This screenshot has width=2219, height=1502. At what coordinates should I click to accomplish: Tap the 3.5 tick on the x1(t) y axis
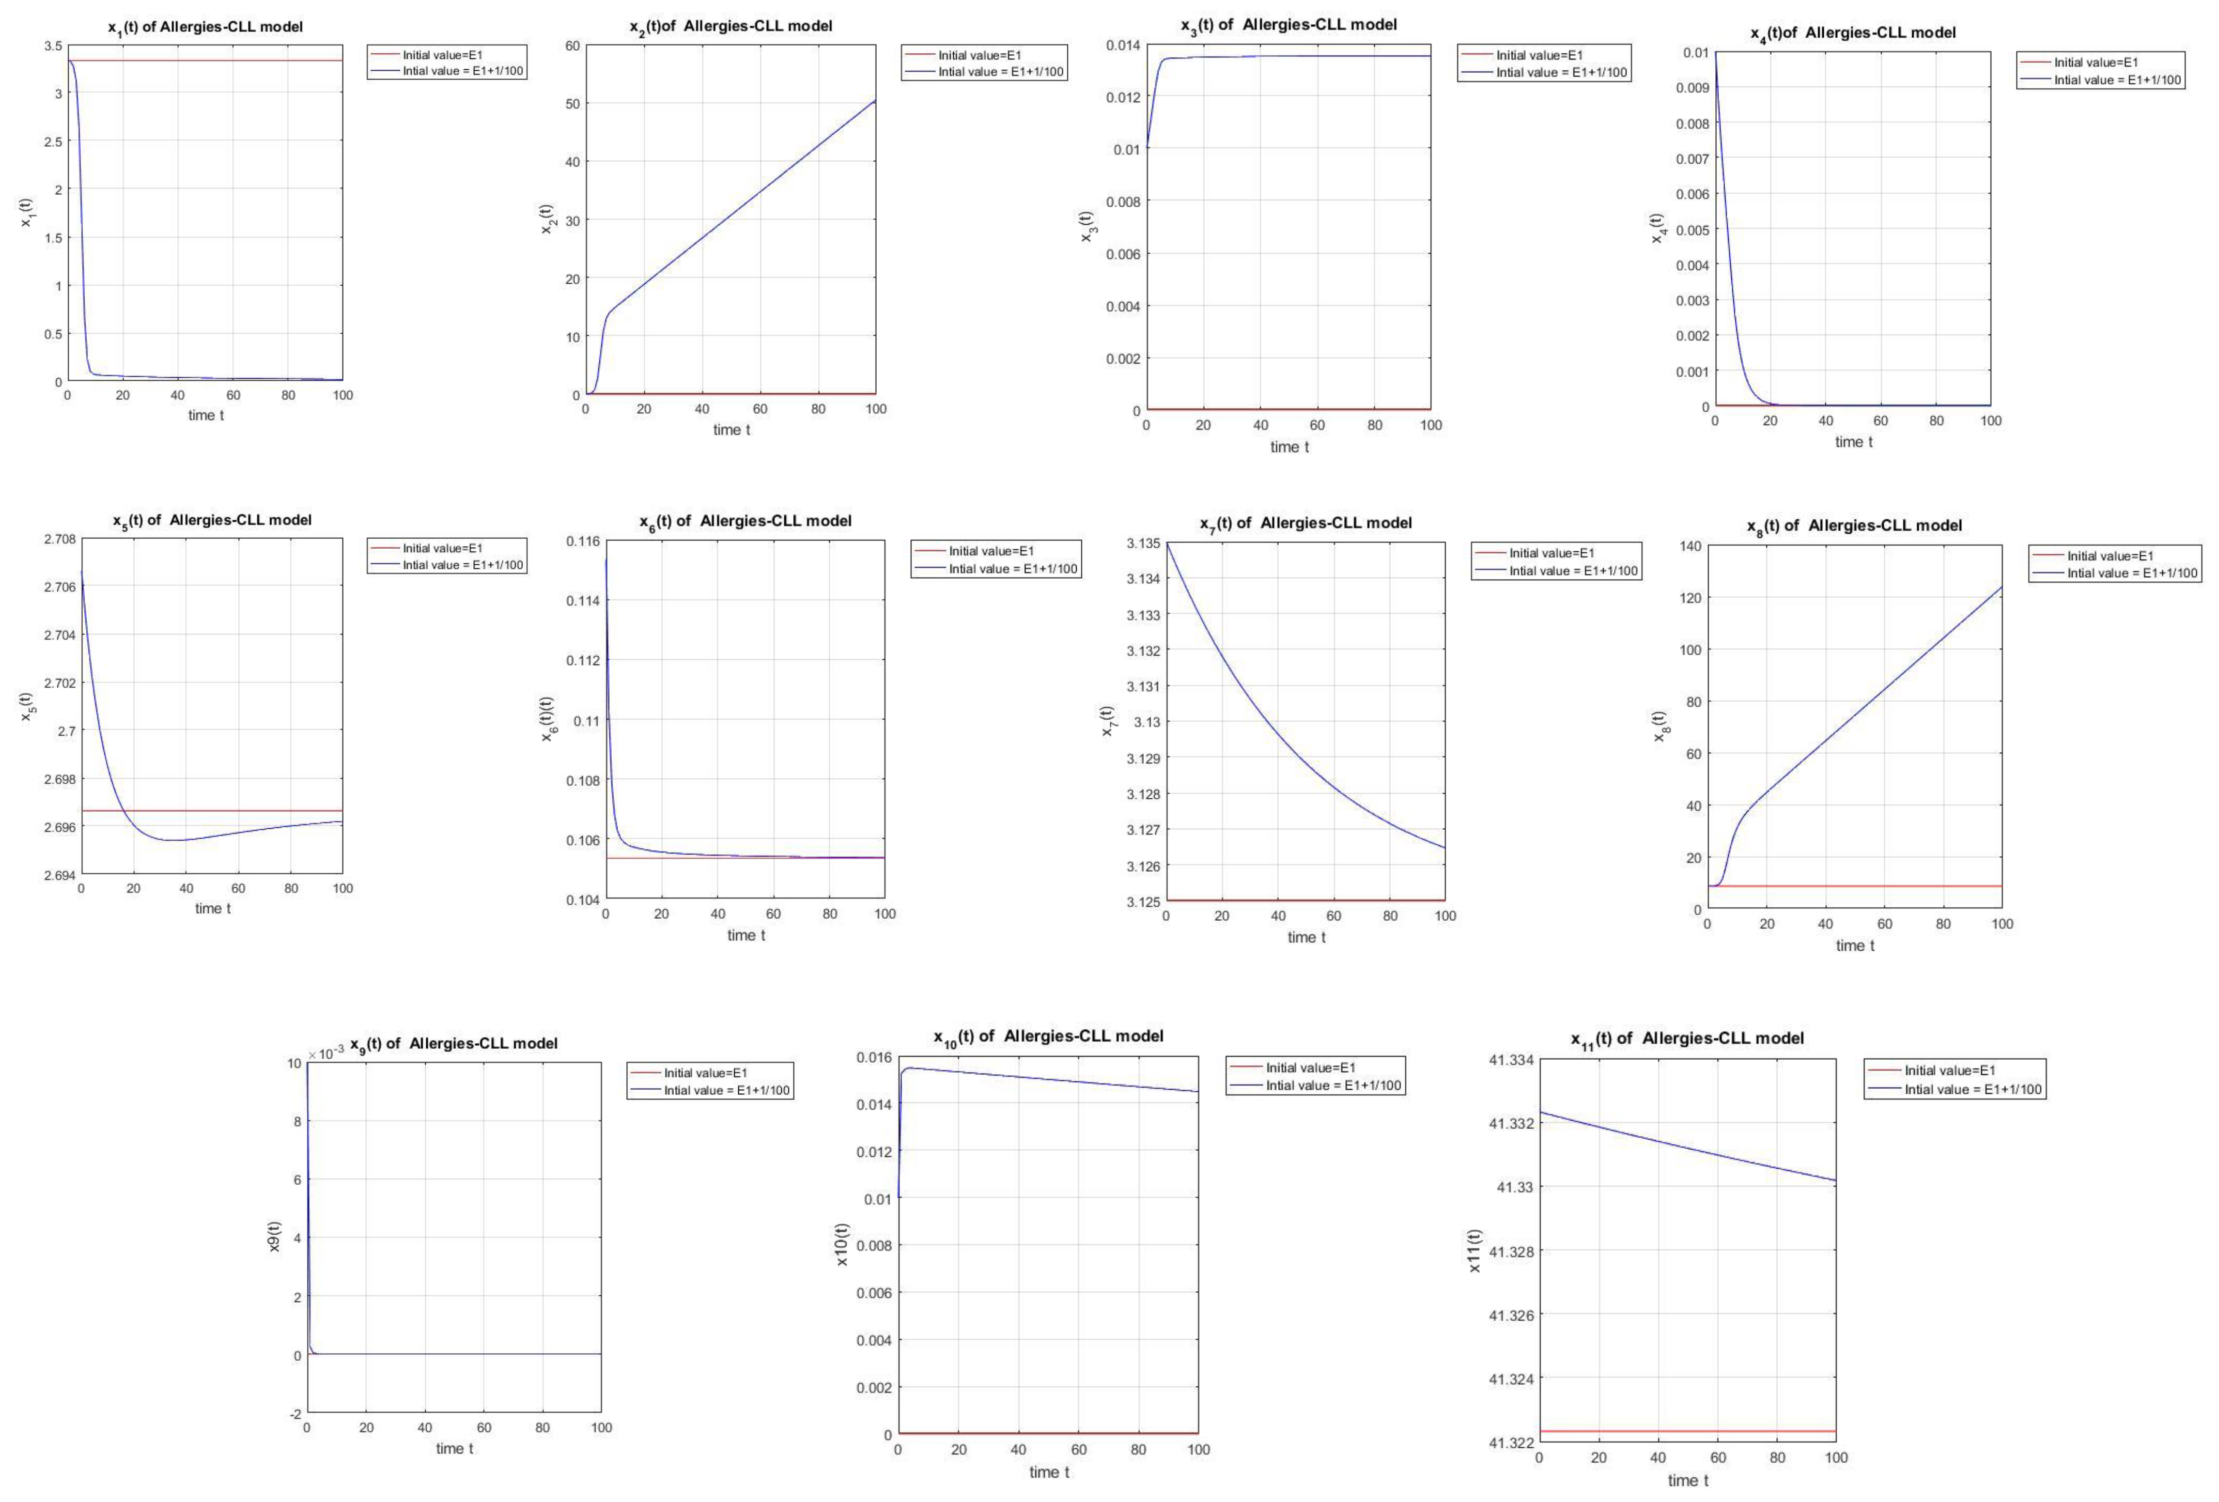click(53, 46)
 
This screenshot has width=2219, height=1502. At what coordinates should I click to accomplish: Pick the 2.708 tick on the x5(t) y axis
click(59, 539)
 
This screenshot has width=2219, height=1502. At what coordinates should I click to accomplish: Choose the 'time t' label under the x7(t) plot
click(1306, 938)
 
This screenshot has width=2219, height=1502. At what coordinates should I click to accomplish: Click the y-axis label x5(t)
click(27, 707)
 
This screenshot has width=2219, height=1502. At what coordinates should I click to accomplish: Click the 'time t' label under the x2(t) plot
click(732, 430)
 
